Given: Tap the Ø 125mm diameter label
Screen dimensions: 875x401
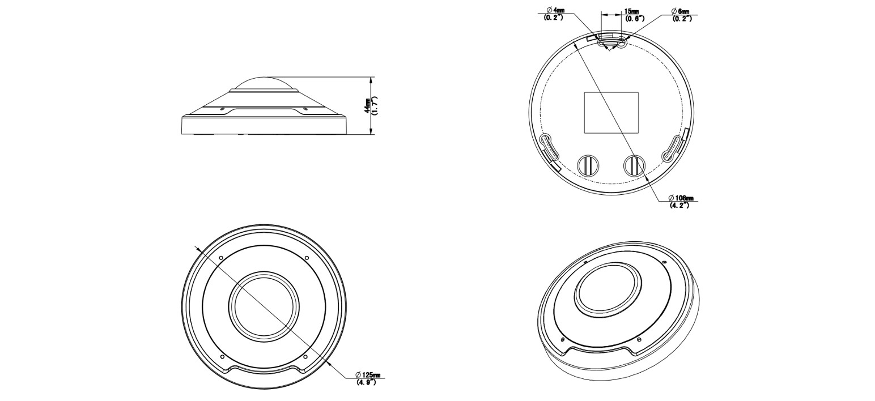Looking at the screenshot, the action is point(367,375).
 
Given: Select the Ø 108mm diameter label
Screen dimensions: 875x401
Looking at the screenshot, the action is point(681,198).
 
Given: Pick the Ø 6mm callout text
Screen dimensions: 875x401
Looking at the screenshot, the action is point(681,11).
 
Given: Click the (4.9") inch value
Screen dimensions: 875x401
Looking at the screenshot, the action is point(367,382).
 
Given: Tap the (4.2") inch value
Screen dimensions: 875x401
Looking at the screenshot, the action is point(679,205).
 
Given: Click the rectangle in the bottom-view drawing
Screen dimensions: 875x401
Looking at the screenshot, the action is point(611,112).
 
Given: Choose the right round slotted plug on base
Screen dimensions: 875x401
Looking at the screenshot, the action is point(634,164).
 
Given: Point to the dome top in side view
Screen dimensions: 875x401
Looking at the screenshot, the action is point(265,82).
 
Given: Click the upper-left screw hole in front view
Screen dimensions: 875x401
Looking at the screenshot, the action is point(220,258).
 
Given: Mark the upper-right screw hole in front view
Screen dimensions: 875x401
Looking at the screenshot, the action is point(307,258).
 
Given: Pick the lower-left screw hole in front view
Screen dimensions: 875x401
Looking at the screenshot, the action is point(222,357).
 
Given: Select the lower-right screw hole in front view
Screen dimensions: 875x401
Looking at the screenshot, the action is point(306,357).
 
